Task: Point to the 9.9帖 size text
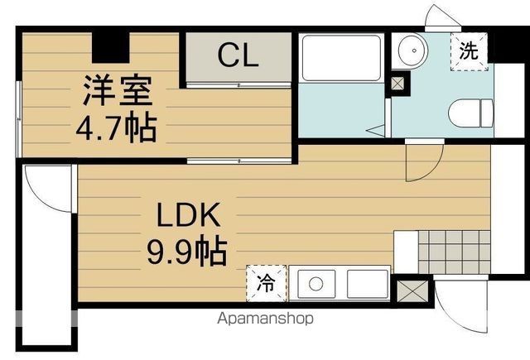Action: coord(188,250)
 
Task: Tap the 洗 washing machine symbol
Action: coord(469,50)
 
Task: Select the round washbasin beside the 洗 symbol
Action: coord(409,51)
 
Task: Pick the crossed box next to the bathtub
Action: coord(399,83)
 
